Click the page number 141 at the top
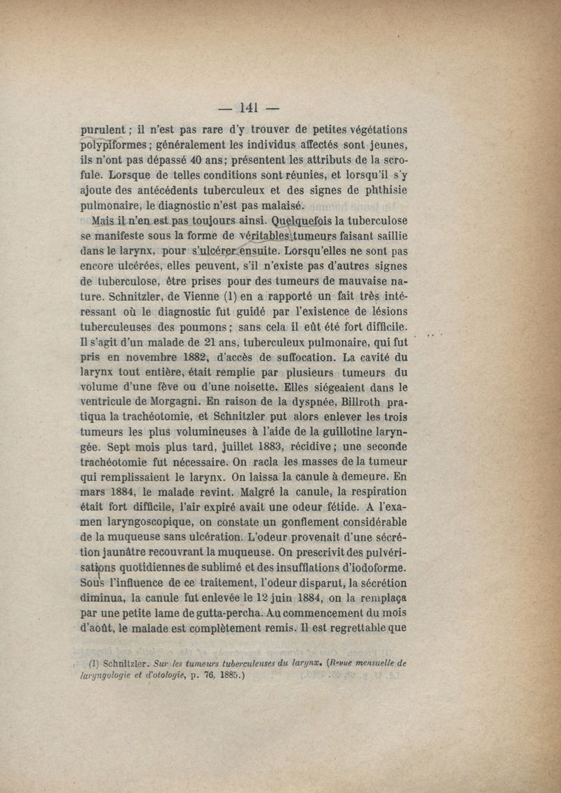(250, 107)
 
